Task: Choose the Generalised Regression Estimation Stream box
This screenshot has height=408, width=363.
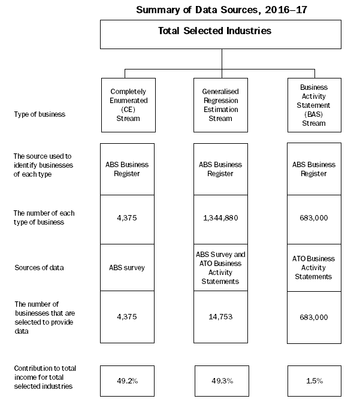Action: click(x=220, y=105)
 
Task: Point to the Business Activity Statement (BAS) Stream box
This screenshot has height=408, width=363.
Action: click(x=314, y=105)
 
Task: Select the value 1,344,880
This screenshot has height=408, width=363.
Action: click(x=220, y=217)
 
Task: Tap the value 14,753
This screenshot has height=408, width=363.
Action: click(x=220, y=317)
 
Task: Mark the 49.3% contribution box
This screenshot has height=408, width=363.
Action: click(x=220, y=380)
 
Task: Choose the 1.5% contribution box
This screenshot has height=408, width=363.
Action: click(x=314, y=380)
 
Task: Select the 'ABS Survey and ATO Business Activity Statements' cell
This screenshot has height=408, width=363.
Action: click(x=220, y=267)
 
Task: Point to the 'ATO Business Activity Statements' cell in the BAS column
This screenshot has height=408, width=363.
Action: click(x=314, y=267)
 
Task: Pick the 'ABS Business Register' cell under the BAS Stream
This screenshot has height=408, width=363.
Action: click(x=314, y=169)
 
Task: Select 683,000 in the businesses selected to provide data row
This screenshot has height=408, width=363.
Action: click(x=314, y=317)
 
